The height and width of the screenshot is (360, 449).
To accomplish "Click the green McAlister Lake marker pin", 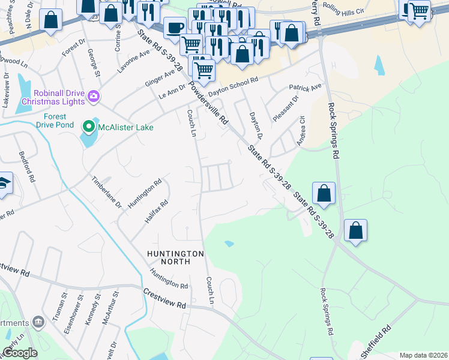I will click(89, 127).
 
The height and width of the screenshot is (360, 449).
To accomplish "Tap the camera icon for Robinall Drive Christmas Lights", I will click(93, 95).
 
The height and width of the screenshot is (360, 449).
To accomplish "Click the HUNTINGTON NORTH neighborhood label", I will click(176, 257).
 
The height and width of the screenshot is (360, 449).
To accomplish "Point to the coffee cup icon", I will click(175, 28).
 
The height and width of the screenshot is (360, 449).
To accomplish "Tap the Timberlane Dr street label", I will click(106, 192).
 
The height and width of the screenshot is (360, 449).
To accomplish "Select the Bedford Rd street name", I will click(26, 172).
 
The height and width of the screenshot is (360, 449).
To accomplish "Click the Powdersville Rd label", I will click(208, 102).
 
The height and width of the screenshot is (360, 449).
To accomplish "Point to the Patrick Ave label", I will click(305, 88).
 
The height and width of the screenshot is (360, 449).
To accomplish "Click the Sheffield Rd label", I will click(379, 338).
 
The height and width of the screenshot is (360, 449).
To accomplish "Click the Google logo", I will click(20, 353).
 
